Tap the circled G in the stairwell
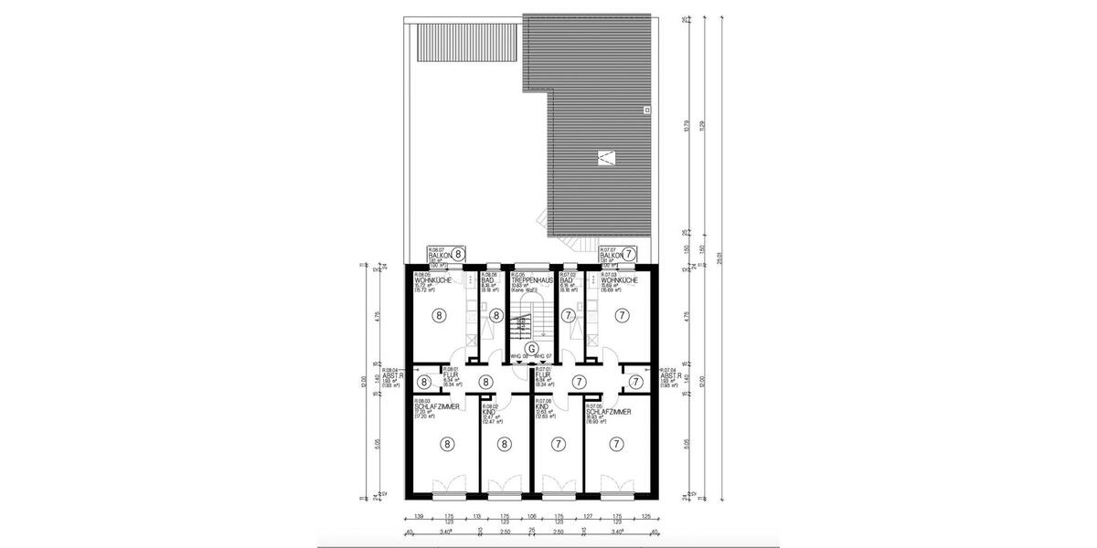tap(532, 348)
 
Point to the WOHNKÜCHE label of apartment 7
tap(614, 279)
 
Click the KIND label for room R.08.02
tap(489, 411)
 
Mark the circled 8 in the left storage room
tap(424, 382)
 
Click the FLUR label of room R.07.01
tap(543, 374)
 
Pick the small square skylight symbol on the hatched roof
tap(646, 110)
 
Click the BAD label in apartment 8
tap(487, 279)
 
